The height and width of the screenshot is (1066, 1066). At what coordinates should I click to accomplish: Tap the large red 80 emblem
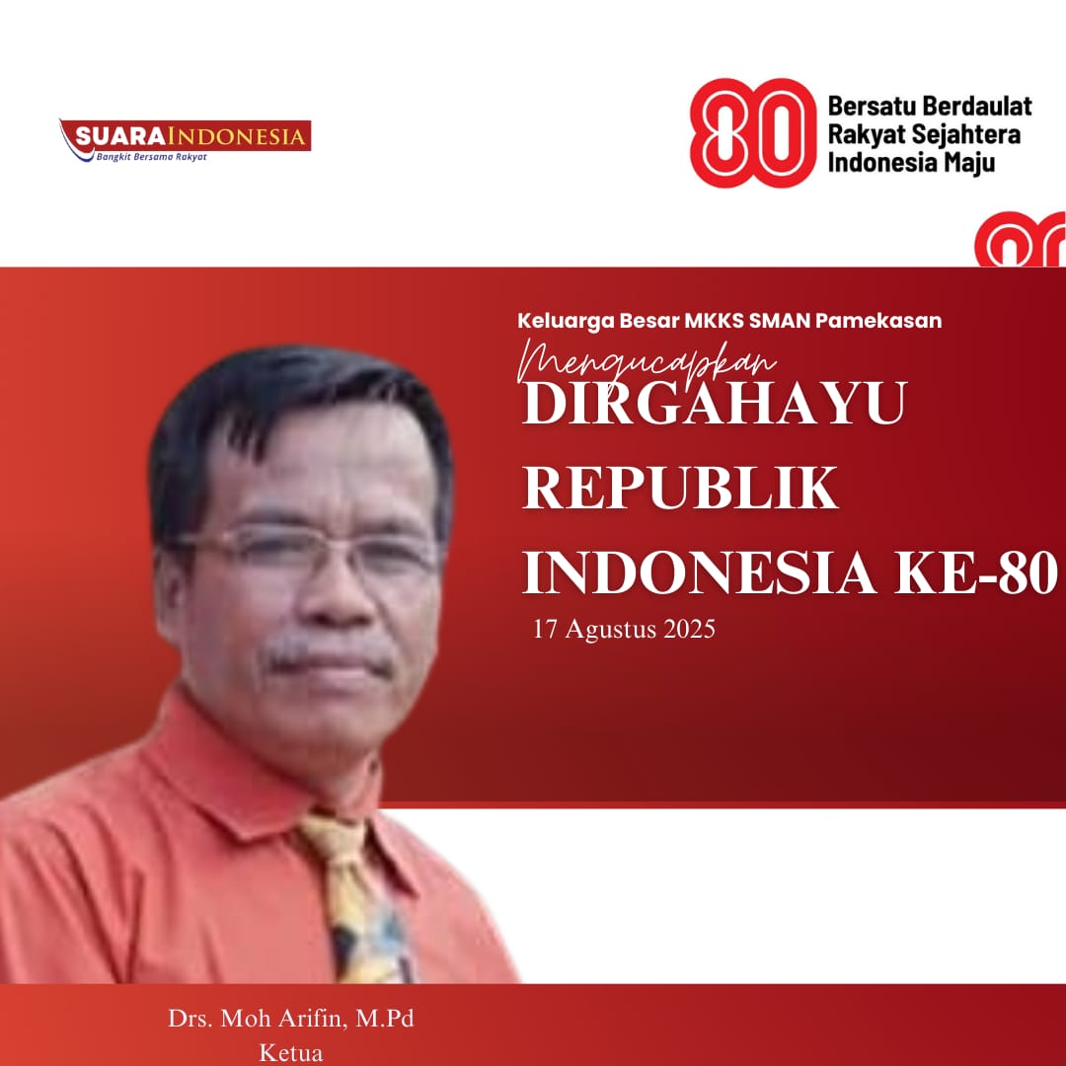click(x=752, y=132)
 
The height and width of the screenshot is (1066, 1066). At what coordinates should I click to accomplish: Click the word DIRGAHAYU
click(x=715, y=403)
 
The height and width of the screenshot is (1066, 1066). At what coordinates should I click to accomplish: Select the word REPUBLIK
click(x=680, y=488)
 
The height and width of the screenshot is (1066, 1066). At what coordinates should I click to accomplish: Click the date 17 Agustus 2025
click(x=624, y=629)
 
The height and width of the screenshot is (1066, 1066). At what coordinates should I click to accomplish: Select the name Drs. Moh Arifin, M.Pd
click(x=291, y=1019)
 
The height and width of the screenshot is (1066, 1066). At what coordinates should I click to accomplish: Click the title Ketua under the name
click(x=291, y=1053)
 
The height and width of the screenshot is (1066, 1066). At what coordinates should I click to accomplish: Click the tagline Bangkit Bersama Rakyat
click(x=151, y=157)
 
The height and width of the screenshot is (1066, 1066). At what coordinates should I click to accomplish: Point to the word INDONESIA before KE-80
click(x=699, y=572)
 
